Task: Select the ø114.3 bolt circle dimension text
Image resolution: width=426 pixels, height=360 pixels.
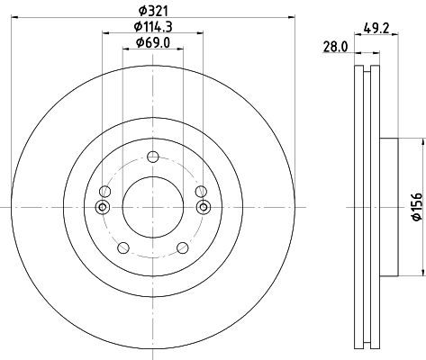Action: coord(151,27)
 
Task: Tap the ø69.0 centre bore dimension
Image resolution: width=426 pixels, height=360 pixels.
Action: coord(151,42)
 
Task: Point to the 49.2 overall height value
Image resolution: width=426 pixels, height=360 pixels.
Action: coord(376,28)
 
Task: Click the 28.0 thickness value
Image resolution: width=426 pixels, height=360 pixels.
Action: coord(336,48)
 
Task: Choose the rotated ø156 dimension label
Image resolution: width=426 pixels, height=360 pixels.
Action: coord(416,208)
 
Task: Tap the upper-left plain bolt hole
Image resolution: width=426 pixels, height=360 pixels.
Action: coord(104,191)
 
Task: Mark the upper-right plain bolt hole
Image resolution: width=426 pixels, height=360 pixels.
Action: coord(200,191)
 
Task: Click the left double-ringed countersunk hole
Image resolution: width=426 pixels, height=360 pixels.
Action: coord(102,208)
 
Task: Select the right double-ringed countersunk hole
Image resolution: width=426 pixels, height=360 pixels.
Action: coord(203,208)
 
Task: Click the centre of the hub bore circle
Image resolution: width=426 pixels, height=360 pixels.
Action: coord(152,208)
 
